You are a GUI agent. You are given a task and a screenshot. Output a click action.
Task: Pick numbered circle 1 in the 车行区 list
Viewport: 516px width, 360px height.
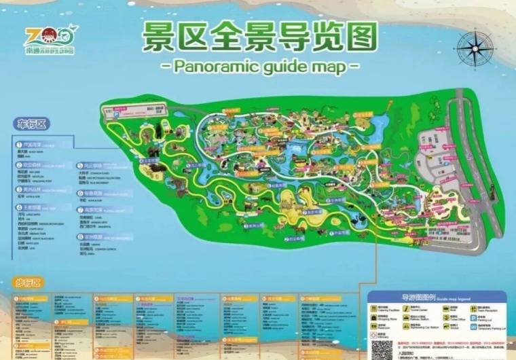19,144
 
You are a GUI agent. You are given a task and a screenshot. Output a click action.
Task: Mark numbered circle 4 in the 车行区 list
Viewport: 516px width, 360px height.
19,208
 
